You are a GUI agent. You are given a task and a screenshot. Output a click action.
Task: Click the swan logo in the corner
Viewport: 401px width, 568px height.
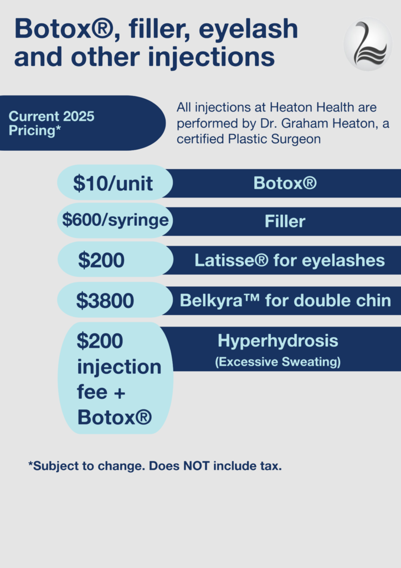coord(368,44)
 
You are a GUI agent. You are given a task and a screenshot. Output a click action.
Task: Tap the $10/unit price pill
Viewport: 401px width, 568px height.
coord(115,182)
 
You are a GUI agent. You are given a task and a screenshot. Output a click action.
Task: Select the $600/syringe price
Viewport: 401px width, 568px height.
coord(115,220)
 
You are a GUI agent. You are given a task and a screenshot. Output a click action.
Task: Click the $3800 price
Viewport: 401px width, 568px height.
coord(105,300)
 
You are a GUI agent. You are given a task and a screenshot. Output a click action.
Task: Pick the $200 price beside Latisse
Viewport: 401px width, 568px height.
coord(101,260)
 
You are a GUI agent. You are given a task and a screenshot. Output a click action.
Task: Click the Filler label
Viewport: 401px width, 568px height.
coord(285,221)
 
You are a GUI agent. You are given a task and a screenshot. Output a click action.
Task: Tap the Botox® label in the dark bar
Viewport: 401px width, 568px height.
coord(285,182)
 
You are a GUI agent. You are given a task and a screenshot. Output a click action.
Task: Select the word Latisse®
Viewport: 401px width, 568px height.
coord(232,260)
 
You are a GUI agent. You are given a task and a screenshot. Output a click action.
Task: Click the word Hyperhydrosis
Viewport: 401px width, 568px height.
coord(277,341)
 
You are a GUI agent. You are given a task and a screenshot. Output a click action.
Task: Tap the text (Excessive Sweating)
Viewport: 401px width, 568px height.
coord(277,362)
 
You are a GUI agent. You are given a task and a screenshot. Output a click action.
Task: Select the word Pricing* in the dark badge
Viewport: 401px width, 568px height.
coord(35,130)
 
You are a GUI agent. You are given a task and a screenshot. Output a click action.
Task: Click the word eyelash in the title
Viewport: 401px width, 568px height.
coord(249,29)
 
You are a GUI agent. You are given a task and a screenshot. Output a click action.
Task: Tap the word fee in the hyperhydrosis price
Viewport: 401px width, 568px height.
coord(92,392)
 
